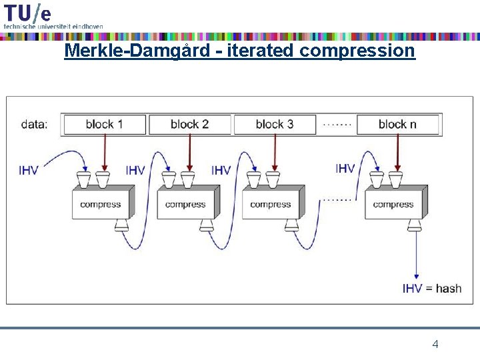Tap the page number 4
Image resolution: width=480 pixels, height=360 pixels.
pyautogui.click(x=435, y=344)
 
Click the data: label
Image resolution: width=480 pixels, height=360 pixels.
pyautogui.click(x=35, y=124)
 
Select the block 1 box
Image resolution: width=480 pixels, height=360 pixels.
pyautogui.click(x=104, y=124)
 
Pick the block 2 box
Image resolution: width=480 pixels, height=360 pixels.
pyautogui.click(x=189, y=124)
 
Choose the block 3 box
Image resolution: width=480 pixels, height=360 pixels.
pyautogui.click(x=275, y=124)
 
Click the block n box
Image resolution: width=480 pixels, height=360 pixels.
pyautogui.click(x=397, y=124)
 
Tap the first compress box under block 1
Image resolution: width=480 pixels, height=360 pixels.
pyautogui.click(x=100, y=204)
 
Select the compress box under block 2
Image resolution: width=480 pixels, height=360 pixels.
pyautogui.click(x=185, y=204)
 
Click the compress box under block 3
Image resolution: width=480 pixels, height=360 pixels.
pyautogui.click(x=270, y=204)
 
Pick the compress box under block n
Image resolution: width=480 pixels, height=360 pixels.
pyautogui.click(x=393, y=204)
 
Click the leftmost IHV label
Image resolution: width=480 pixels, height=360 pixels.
pyautogui.click(x=29, y=170)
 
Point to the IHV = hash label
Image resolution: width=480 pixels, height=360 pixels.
pyautogui.click(x=432, y=289)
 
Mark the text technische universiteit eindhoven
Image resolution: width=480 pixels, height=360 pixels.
pyautogui.click(x=53, y=26)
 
